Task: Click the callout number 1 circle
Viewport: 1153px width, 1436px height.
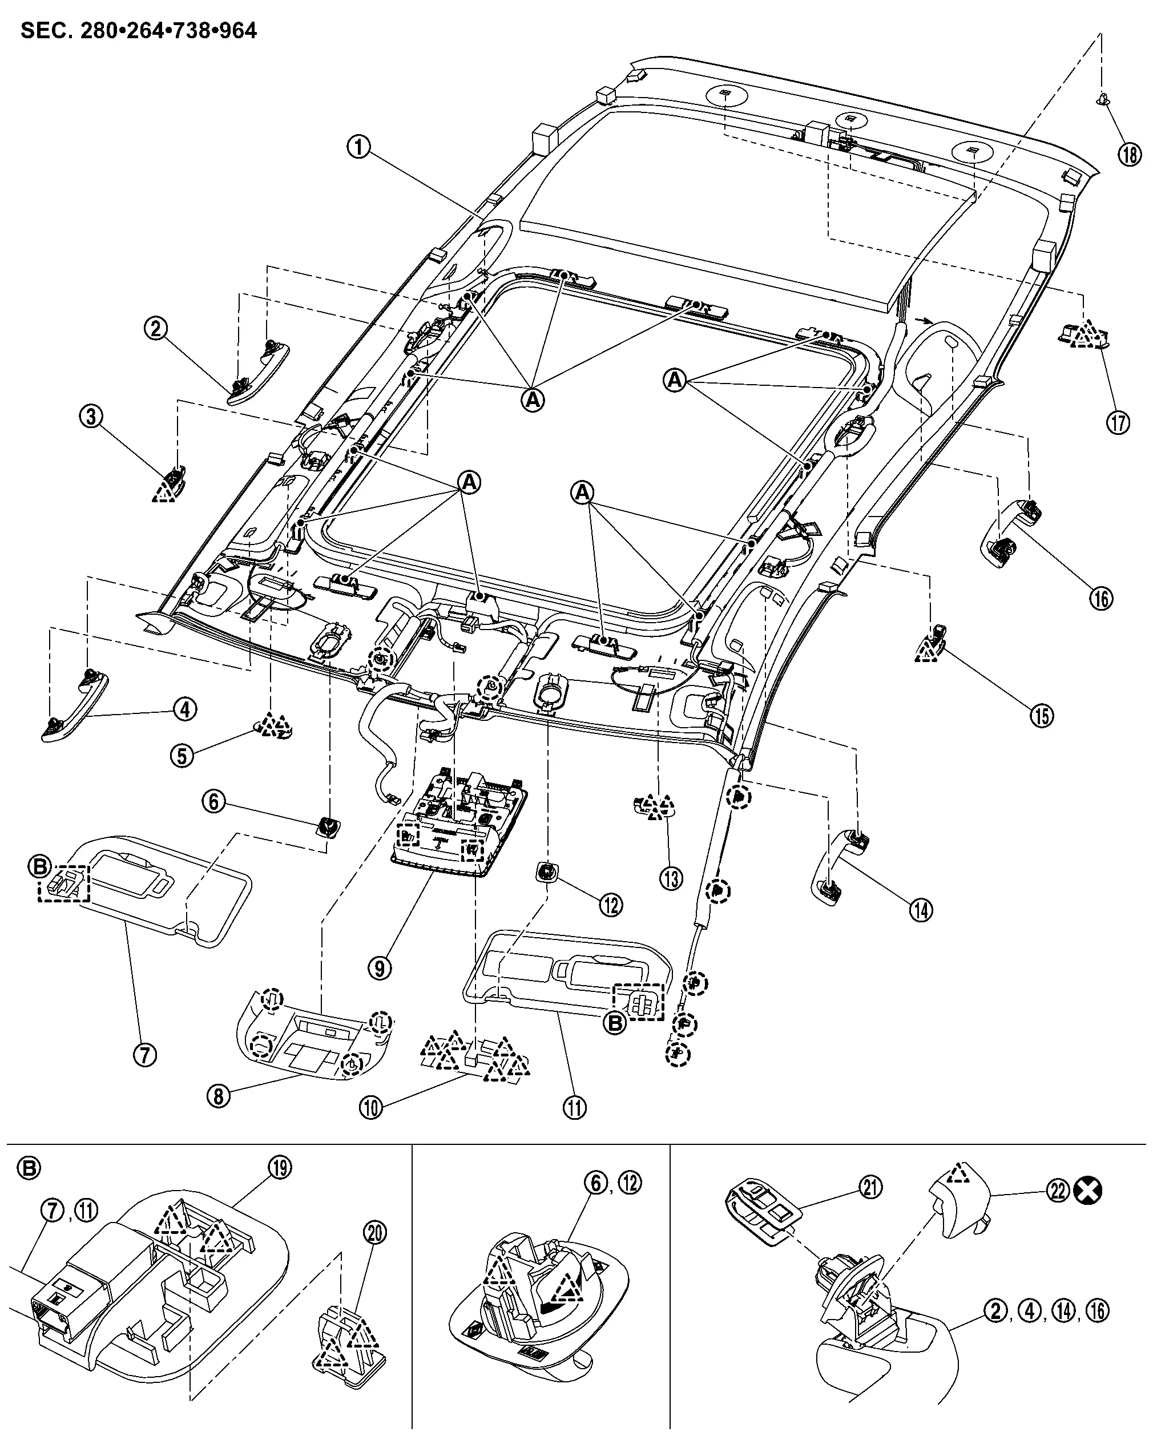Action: [359, 147]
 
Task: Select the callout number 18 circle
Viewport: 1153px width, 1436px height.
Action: [1130, 155]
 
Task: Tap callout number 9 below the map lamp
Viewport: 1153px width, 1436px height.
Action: [380, 969]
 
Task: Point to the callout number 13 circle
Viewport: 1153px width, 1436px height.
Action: [671, 878]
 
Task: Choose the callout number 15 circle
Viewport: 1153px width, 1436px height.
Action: [1042, 715]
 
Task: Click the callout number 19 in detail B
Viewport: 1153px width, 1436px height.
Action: [280, 1168]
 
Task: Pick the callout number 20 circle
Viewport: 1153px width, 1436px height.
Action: [375, 1233]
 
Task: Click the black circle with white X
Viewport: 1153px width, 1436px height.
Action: [1089, 1191]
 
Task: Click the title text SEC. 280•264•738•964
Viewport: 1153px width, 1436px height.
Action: [139, 31]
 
